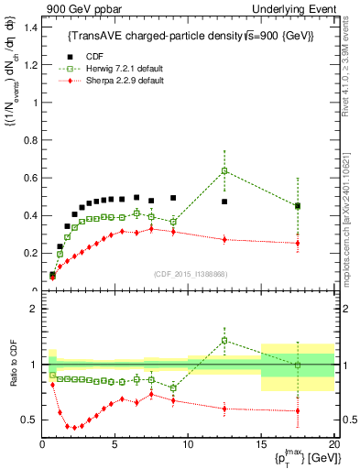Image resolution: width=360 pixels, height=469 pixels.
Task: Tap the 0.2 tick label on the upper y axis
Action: click(x=29, y=253)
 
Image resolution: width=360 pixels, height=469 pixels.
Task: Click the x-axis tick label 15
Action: click(x=260, y=444)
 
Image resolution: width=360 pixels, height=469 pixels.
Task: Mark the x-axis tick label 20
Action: click(x=333, y=444)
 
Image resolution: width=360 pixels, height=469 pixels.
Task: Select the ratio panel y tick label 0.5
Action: click(x=29, y=420)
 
